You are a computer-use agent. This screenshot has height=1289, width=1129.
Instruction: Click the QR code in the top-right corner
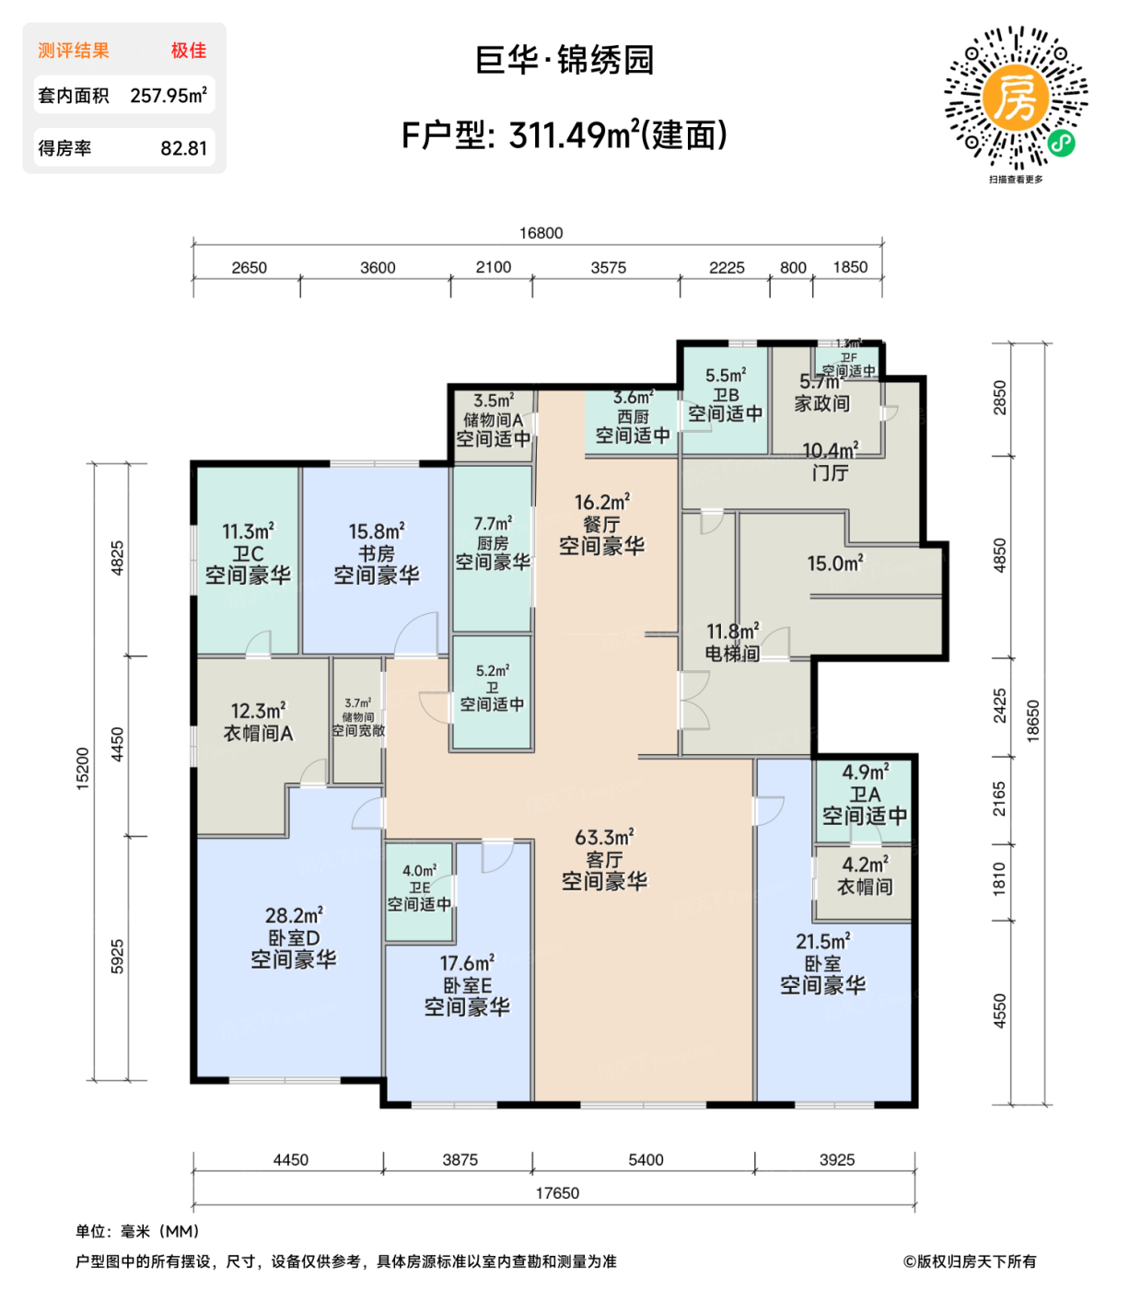click(x=1016, y=98)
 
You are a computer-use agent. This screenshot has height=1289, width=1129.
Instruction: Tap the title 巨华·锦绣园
click(x=564, y=61)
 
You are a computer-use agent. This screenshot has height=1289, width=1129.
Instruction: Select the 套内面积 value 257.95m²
click(x=169, y=95)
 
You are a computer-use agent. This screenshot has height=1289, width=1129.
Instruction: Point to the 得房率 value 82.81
click(x=183, y=148)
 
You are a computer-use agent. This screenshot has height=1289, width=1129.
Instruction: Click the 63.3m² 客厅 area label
click(x=604, y=859)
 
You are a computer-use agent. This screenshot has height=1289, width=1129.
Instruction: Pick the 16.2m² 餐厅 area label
click(x=601, y=524)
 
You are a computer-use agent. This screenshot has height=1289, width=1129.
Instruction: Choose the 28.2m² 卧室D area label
click(x=294, y=937)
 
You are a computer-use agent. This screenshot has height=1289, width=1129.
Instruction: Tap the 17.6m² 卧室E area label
click(x=467, y=985)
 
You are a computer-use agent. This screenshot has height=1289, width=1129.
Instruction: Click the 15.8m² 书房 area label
click(x=376, y=553)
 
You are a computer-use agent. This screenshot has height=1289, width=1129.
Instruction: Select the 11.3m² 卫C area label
click(x=248, y=553)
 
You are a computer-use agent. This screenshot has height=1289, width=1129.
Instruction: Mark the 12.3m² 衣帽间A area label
click(x=258, y=722)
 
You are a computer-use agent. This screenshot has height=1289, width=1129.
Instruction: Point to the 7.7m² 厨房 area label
click(x=493, y=543)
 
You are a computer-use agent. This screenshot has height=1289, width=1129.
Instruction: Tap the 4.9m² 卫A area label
click(x=865, y=794)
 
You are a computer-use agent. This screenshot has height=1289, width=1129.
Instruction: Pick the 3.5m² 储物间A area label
click(x=493, y=420)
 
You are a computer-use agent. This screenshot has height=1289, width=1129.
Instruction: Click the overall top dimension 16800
click(x=541, y=233)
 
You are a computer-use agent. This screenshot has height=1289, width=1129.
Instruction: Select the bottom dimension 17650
click(x=557, y=1193)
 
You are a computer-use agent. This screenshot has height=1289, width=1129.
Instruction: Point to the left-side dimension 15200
click(x=83, y=768)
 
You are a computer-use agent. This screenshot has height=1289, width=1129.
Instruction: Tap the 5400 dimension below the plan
click(x=645, y=1160)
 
